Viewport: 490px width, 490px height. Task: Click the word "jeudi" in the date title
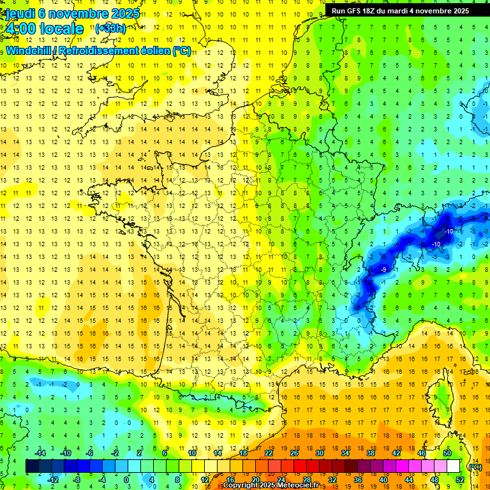[x=19, y=13]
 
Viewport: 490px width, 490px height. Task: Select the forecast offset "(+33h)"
[x=110, y=28]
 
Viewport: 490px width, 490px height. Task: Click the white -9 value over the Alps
[x=383, y=271]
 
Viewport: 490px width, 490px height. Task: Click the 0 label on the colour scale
[x=126, y=479]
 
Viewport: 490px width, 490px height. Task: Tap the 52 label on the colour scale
[x=460, y=479]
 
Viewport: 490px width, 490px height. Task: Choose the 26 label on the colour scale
[x=294, y=453]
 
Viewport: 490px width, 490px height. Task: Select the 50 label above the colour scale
[x=447, y=453]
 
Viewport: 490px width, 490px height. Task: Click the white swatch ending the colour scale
[x=454, y=466]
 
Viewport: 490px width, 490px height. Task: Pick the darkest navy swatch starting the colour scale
[x=32, y=466]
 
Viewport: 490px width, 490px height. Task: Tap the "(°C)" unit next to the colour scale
[x=474, y=467]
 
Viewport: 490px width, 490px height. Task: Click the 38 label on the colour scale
[x=371, y=453]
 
